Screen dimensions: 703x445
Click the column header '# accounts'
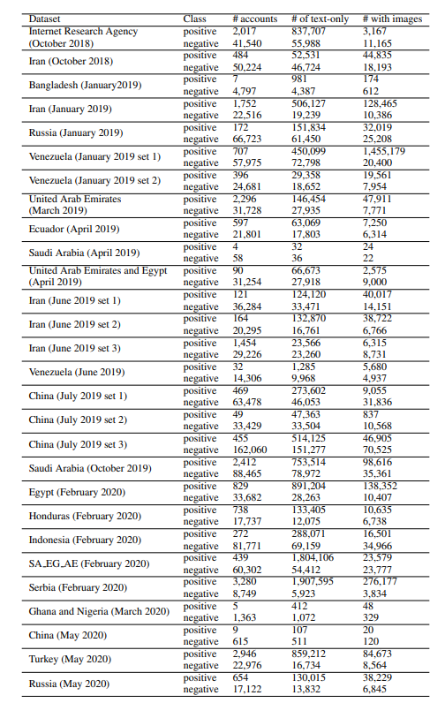tap(254, 19)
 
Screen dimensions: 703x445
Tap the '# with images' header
tap(392, 19)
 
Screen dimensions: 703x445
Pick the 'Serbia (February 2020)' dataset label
tap(78, 587)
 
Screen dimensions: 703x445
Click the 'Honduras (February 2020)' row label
tap(84, 516)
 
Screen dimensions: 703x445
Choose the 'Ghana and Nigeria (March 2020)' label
tap(99, 611)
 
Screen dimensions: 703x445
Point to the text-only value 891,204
tap(310, 486)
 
